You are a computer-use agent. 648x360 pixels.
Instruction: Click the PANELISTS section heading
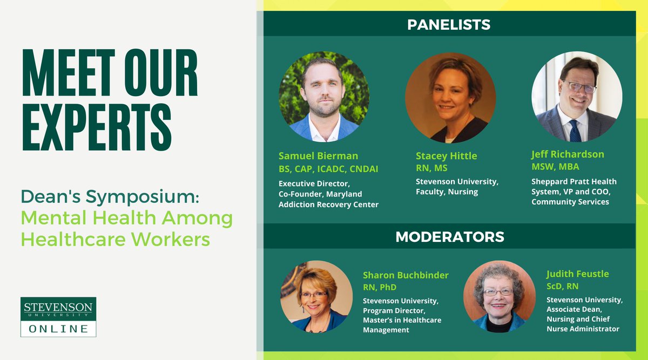point(449,24)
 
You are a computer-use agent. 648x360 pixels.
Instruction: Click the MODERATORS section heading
point(450,236)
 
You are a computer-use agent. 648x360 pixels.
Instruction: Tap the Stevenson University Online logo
point(58,317)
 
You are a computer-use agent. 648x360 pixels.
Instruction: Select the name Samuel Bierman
point(318,156)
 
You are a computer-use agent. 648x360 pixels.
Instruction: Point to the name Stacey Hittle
point(446,156)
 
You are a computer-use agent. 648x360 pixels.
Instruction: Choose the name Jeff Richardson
point(568,154)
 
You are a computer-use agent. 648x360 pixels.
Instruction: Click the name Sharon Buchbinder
point(406,275)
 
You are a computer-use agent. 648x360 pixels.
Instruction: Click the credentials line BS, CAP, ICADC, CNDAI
point(328,169)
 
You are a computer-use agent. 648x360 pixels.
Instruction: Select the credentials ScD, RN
point(562,287)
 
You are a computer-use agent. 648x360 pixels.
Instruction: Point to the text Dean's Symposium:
point(110,196)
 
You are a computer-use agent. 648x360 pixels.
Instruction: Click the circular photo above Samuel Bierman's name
point(324,97)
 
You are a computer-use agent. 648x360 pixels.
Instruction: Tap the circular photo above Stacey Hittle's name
point(450,97)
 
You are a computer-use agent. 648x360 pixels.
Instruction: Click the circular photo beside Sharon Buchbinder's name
point(313,297)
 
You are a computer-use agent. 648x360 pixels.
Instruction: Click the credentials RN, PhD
point(381,287)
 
